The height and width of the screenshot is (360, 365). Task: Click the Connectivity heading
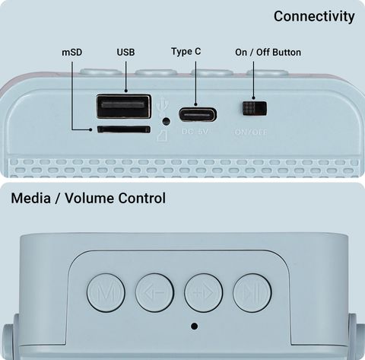pos(314,17)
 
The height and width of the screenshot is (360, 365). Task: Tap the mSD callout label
pos(72,53)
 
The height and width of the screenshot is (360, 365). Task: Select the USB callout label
pos(125,53)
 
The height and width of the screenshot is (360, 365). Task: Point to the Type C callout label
pos(186,52)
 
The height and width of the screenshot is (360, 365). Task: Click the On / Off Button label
pos(268,53)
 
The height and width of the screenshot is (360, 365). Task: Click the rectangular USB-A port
pos(124,106)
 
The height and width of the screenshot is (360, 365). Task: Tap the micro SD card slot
pos(124,129)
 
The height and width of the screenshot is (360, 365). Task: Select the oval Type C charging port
pos(198,115)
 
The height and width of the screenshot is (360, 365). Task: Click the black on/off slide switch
pos(255,109)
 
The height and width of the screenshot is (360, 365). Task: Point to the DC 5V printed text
pos(195,132)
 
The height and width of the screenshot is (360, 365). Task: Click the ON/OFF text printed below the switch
pos(251,132)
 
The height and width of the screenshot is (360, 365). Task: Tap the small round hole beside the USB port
pos(166,121)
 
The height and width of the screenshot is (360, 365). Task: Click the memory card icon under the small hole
pos(161,135)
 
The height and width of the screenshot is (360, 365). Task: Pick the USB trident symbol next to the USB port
pos(161,107)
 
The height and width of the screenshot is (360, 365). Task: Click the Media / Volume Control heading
pos(88,198)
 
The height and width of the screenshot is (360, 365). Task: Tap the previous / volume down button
pos(154,293)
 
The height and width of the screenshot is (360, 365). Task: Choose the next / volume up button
pos(204,293)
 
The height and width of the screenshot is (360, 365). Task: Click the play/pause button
pos(252,293)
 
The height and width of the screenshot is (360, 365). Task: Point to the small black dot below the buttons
pos(194,326)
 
